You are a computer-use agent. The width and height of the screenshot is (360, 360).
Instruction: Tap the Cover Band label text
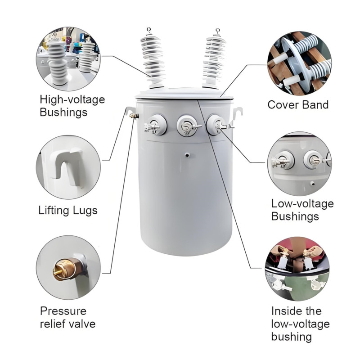tap(298, 105)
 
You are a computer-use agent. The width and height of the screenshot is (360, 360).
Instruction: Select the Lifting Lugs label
tap(68, 210)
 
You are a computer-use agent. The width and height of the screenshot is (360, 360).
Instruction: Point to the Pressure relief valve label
tap(68, 317)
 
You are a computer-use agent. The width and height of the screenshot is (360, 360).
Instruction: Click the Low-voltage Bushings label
tap(302, 210)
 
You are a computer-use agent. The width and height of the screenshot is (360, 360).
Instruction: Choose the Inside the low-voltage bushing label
tap(300, 324)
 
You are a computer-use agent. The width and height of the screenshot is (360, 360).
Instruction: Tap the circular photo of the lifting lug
tap(68, 167)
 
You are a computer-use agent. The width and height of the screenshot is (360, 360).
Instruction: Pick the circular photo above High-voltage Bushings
tap(68, 59)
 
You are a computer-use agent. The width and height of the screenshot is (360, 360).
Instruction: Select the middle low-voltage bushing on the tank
tap(185, 125)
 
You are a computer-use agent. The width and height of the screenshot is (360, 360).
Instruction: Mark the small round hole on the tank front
tap(186, 155)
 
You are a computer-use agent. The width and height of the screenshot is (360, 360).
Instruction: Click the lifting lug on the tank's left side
tap(130, 111)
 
